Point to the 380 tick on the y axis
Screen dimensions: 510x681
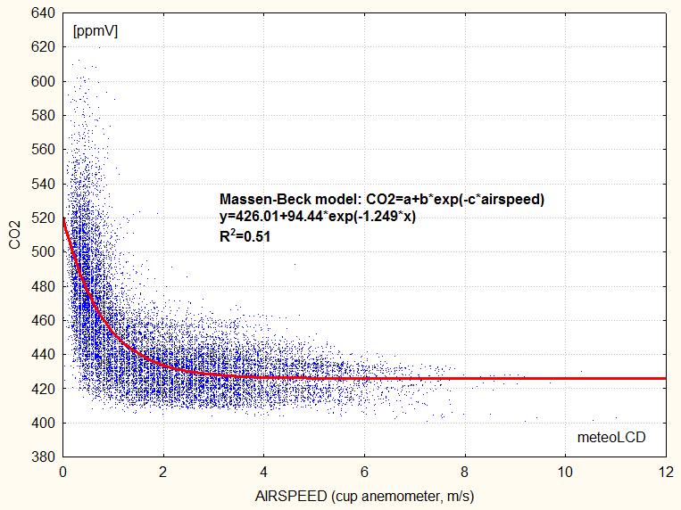tap(44, 457)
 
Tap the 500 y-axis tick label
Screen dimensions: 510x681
tap(44, 252)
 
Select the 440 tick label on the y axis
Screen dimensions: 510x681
tap(44, 355)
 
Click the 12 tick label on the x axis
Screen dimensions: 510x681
tap(666, 471)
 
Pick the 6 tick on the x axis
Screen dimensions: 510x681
tap(364, 471)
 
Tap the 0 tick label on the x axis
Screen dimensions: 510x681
tap(62, 471)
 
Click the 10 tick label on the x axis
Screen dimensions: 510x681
tap(565, 471)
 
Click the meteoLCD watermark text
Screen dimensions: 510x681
tap(610, 437)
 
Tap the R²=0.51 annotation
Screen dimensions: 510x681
tap(245, 237)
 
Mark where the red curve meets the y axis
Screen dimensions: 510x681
tap(63, 218)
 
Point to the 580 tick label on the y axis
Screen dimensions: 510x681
tap(44, 116)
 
